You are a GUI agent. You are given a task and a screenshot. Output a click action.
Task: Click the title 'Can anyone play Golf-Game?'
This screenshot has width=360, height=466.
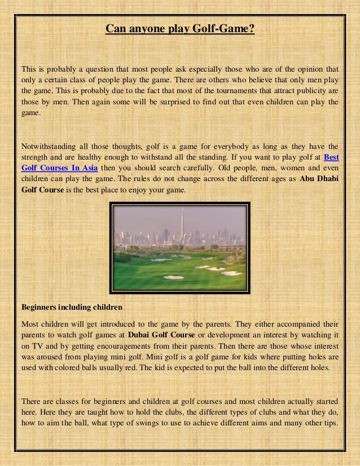tap(180, 28)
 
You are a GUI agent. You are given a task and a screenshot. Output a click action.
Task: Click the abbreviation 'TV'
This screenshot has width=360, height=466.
tap(38, 345)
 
